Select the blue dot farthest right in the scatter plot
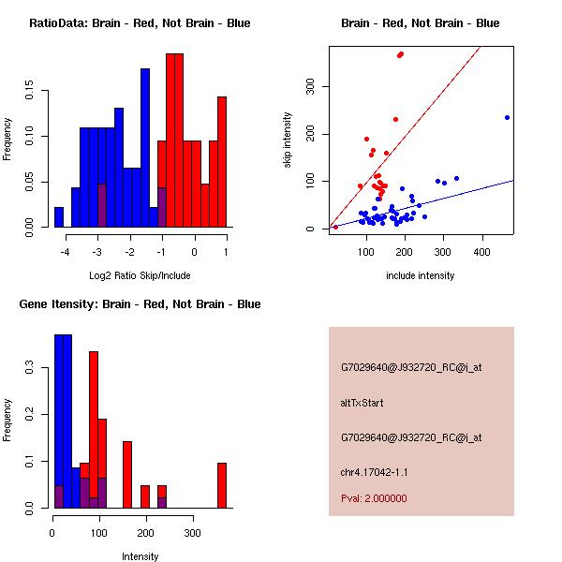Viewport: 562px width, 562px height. click(507, 117)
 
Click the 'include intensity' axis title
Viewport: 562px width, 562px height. click(421, 275)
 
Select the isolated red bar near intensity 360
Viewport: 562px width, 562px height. click(222, 485)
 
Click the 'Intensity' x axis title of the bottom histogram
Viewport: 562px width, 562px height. click(140, 556)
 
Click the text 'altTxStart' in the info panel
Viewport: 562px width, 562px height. click(362, 403)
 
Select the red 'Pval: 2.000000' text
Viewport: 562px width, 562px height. click(374, 498)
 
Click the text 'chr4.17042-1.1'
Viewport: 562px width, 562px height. click(375, 472)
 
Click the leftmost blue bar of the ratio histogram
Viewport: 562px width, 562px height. click(59, 217)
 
